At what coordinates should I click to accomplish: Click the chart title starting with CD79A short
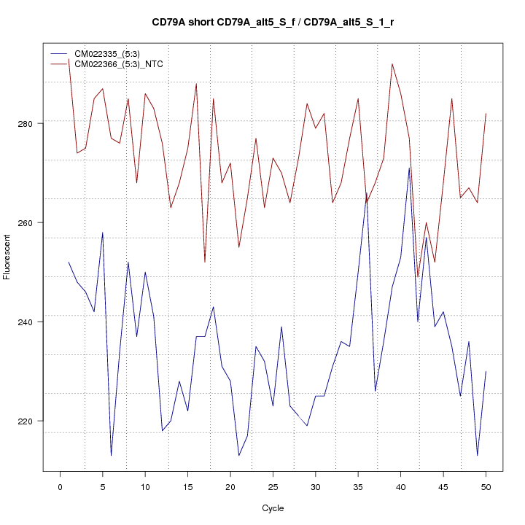pyautogui.click(x=262, y=23)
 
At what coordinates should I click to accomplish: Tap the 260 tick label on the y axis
pyautogui.click(x=29, y=222)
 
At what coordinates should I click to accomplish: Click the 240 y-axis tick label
pyautogui.click(x=29, y=322)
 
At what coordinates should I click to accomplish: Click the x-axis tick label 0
pyautogui.click(x=60, y=487)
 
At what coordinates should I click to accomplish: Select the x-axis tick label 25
pyautogui.click(x=273, y=487)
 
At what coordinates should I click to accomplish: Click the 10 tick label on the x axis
pyautogui.click(x=145, y=487)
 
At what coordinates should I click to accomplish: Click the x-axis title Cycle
pyautogui.click(x=273, y=508)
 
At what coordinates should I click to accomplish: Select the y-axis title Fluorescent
pyautogui.click(x=8, y=252)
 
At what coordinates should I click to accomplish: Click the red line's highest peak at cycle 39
pyautogui.click(x=392, y=64)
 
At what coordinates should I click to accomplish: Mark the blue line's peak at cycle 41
pyautogui.click(x=409, y=168)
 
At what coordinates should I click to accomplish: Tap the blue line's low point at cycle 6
pyautogui.click(x=111, y=455)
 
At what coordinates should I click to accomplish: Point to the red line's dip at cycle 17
pyautogui.click(x=205, y=262)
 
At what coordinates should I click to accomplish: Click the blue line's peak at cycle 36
pyautogui.click(x=367, y=192)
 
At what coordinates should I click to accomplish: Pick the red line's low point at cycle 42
pyautogui.click(x=418, y=276)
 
